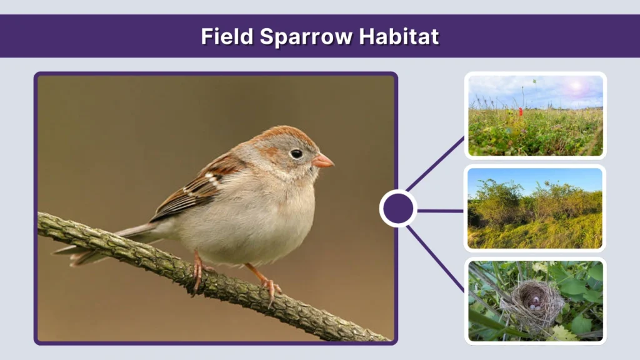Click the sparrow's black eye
[x=296, y=153]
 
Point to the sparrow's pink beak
[x=323, y=162]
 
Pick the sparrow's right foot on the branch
[x=271, y=286]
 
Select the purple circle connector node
[x=398, y=209]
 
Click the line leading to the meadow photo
[x=436, y=164]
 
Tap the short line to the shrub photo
[x=440, y=211]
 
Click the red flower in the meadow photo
[x=520, y=112]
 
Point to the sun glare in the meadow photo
[x=575, y=86]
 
